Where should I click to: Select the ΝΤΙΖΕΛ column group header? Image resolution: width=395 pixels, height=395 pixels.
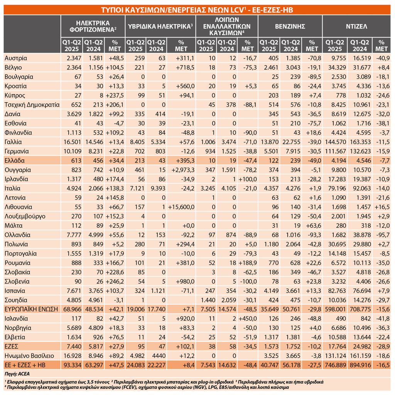(356, 27)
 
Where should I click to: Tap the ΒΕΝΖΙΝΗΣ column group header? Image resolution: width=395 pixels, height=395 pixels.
(290, 27)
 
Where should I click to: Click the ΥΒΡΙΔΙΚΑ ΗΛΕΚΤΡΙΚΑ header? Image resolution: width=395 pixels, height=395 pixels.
(160, 27)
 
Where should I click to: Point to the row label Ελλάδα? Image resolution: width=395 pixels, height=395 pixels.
(14, 160)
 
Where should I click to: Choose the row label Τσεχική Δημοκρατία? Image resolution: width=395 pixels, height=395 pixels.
(32, 105)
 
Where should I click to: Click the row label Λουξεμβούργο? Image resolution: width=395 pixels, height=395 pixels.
(25, 216)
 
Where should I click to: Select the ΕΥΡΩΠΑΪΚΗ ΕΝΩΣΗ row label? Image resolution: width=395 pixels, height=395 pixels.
(31, 309)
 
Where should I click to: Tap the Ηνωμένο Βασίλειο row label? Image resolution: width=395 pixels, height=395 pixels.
(29, 356)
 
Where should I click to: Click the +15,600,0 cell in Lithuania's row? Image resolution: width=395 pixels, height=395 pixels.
(181, 207)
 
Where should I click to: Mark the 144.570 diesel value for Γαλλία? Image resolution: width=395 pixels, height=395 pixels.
(335, 142)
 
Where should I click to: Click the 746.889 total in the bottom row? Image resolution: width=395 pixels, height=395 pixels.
(335, 365)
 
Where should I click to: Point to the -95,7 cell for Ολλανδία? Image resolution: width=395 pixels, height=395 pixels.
(383, 235)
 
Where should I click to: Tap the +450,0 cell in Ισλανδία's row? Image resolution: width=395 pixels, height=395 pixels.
(248, 319)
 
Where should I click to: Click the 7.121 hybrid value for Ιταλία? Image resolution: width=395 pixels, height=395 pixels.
(137, 188)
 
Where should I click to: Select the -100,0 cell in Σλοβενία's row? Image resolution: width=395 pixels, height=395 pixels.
(248, 281)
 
